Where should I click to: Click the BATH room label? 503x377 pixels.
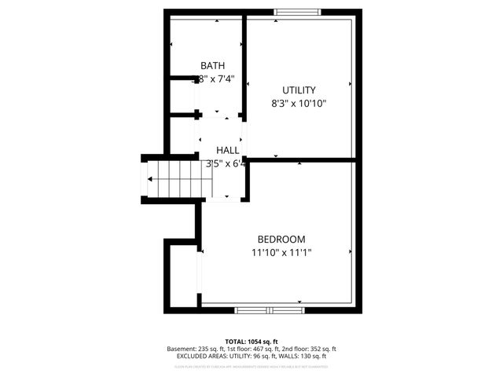click(213, 66)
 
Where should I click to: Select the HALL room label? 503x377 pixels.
click(228, 150)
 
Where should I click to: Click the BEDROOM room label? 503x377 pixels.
click(281, 240)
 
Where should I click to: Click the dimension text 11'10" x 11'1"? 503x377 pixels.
click(281, 253)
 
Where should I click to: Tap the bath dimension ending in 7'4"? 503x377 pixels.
click(211, 79)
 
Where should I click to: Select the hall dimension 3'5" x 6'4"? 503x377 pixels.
click(226, 164)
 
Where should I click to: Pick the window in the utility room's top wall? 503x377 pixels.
click(297, 12)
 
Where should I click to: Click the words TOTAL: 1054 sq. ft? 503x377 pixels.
click(251, 342)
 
